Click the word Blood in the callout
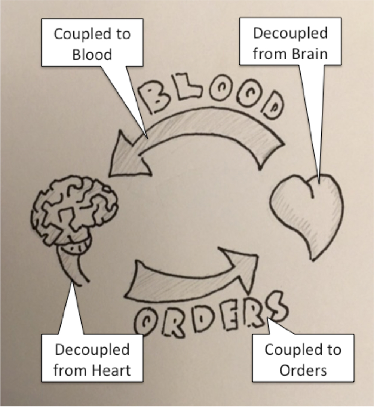(92, 54)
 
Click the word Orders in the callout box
(303, 370)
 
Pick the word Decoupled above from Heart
(92, 350)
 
